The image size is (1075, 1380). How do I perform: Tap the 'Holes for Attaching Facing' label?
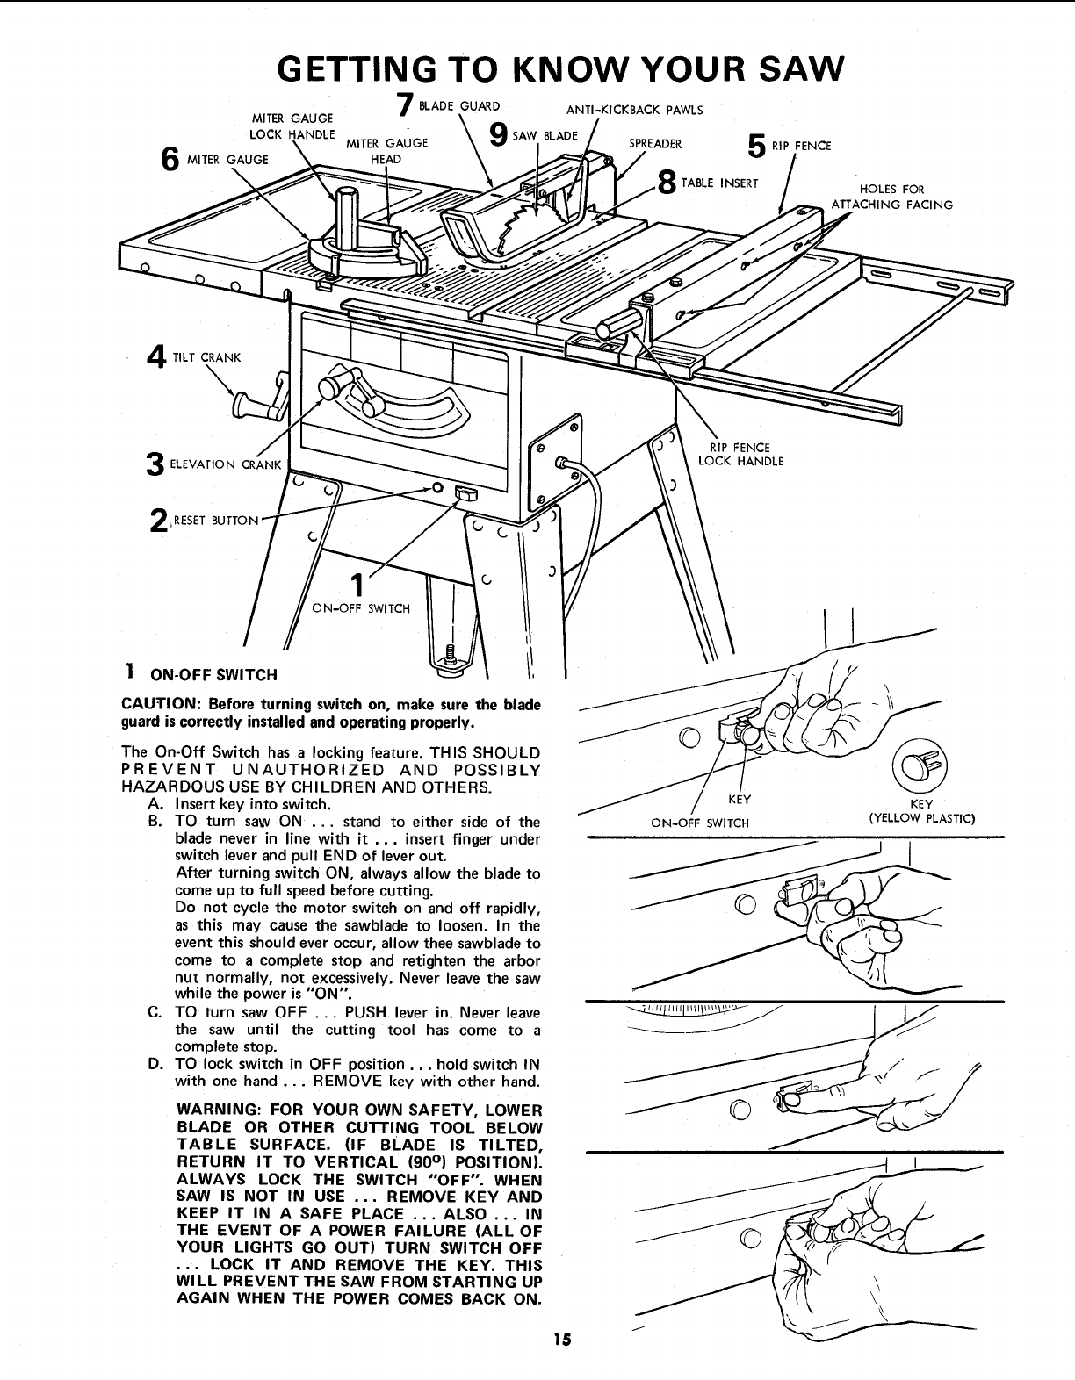pyautogui.click(x=891, y=197)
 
